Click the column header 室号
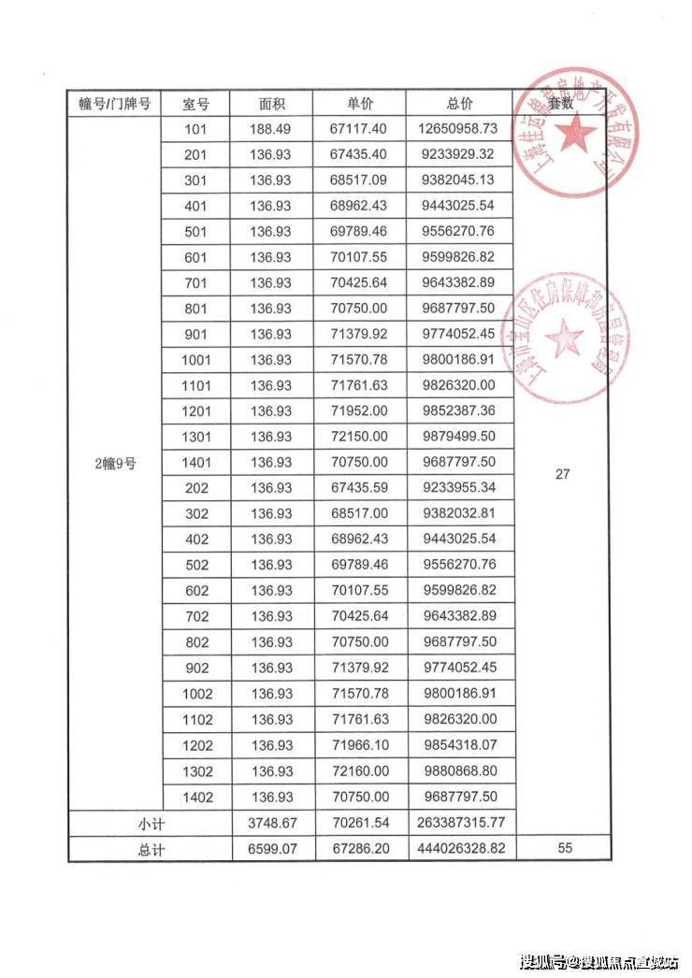[198, 104]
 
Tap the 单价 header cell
[359, 104]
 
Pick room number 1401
[198, 462]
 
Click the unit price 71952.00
[359, 410]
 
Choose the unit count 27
[562, 474]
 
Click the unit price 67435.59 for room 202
[359, 487]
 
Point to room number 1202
[198, 746]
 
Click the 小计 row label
[151, 823]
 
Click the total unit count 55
[562, 849]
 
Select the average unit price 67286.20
[359, 849]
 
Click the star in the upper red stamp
[577, 132]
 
